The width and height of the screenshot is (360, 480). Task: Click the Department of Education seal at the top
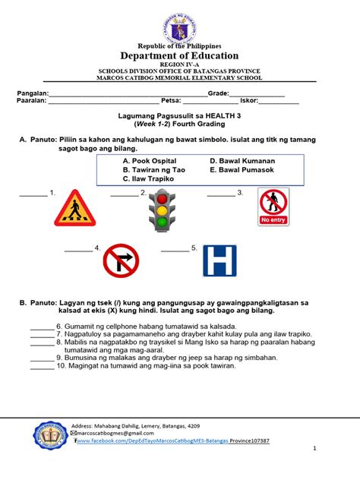(180, 23)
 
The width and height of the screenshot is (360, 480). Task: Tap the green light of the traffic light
(161, 222)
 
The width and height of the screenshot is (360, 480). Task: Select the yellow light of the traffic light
(161, 209)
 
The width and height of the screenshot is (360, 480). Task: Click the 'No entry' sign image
(273, 207)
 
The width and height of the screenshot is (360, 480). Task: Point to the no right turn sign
(121, 261)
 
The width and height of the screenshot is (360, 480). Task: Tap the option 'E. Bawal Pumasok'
(242, 171)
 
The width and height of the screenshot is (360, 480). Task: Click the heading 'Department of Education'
(180, 56)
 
